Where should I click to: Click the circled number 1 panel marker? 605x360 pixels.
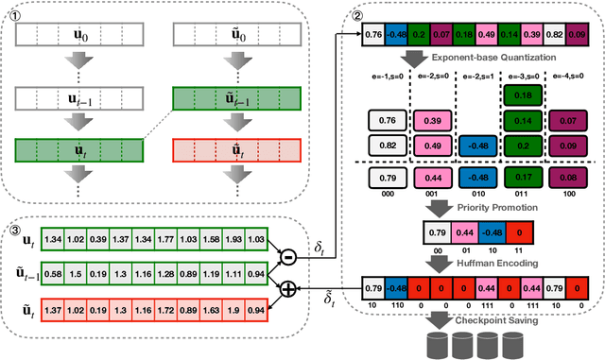coord(14,13)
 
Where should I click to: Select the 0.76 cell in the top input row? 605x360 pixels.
coord(373,37)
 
